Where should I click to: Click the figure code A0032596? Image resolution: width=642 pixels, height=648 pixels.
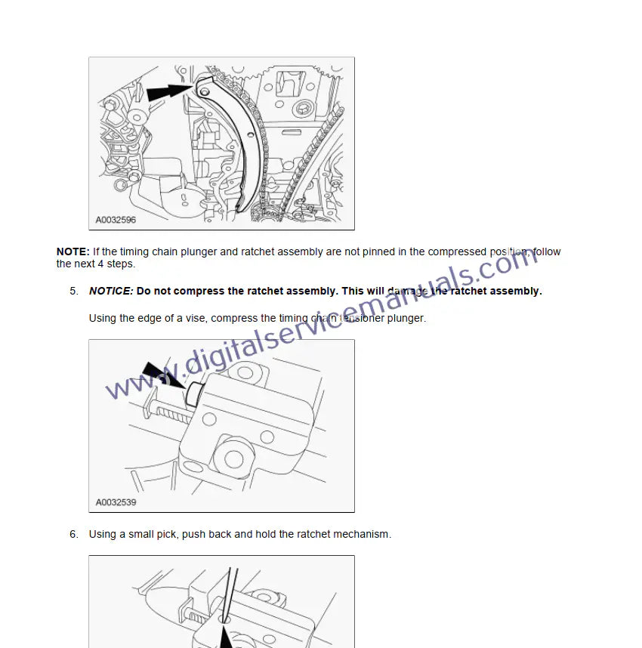pos(116,220)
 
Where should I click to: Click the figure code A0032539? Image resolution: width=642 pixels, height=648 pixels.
pos(116,502)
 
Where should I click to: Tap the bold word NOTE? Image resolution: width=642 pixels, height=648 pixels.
pos(73,251)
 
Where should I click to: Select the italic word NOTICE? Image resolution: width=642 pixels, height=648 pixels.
pos(111,291)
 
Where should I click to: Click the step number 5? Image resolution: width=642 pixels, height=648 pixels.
pos(73,291)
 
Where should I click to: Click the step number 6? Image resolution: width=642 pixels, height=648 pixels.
pos(73,535)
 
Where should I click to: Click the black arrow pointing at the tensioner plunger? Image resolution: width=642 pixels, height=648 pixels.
pos(163,375)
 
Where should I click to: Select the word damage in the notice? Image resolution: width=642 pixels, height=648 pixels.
pos(407,292)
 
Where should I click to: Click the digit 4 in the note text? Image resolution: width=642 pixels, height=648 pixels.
pos(100,264)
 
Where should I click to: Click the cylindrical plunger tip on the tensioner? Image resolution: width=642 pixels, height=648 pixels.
pos(193,394)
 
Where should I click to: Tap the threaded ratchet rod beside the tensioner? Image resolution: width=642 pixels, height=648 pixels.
pos(168,413)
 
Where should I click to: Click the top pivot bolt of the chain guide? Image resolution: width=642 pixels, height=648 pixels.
pos(204,90)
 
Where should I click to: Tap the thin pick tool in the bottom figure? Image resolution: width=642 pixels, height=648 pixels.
pos(227,594)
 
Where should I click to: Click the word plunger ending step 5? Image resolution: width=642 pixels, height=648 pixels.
pos(406,318)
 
